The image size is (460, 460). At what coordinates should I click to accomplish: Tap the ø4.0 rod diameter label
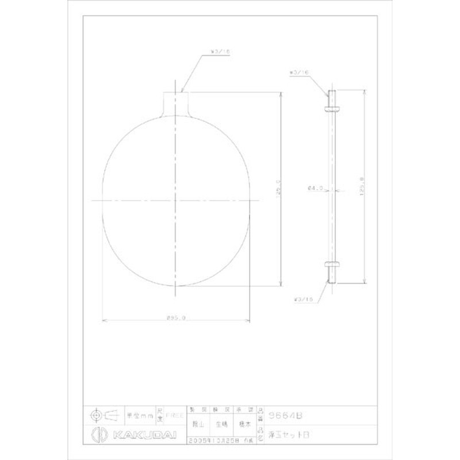[x=315, y=187]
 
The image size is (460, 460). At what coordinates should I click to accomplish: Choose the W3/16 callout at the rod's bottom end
[x=301, y=300]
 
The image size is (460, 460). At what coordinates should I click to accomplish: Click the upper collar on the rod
[x=332, y=108]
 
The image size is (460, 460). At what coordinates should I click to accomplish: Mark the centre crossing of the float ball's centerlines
[x=176, y=200]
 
